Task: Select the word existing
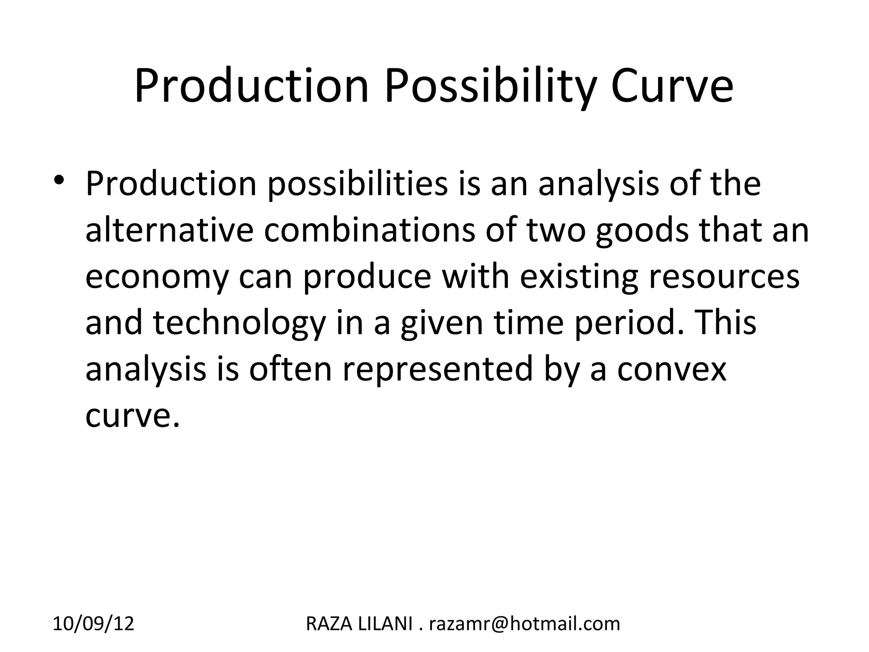pyautogui.click(x=579, y=277)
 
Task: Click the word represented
pyautogui.click(x=437, y=369)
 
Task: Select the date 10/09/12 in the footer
pyautogui.click(x=93, y=624)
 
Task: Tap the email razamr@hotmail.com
pyautogui.click(x=524, y=624)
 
